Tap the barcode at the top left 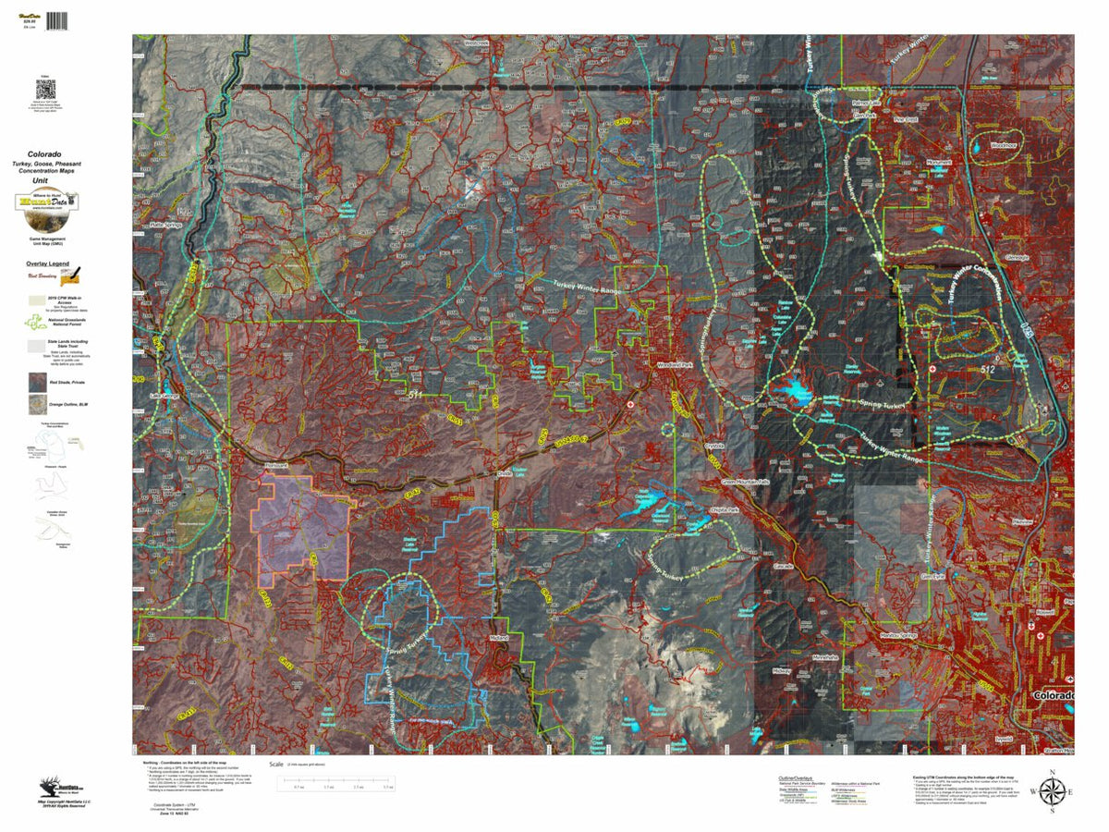[57, 18]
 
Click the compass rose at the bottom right [1051, 791]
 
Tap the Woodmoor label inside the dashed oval [1003, 145]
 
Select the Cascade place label [783, 565]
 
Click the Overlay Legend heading [47, 263]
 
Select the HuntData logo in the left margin [46, 202]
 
